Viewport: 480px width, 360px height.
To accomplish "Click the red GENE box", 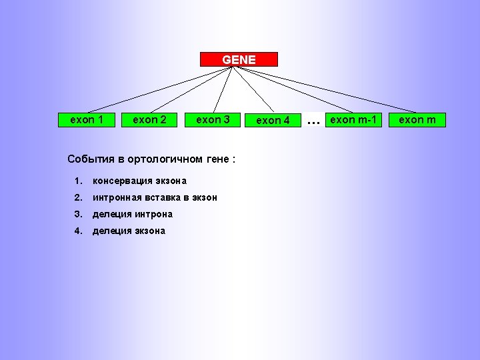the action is click(x=239, y=59).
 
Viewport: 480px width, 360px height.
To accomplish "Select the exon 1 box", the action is click(x=87, y=120).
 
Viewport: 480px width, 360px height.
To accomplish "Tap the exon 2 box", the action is click(x=149, y=120).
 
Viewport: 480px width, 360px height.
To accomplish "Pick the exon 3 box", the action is click(x=212, y=120).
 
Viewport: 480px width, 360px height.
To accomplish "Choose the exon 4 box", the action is click(x=273, y=121).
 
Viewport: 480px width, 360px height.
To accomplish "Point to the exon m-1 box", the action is click(x=353, y=120).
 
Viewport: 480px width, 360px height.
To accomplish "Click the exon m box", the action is click(x=417, y=120).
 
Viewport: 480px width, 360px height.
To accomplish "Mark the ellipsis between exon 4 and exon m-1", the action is click(x=311, y=122).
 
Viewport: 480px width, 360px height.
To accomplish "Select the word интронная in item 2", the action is click(x=116, y=197).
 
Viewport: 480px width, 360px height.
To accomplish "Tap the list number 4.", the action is click(x=78, y=231).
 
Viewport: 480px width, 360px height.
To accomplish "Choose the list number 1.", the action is click(x=78, y=181).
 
